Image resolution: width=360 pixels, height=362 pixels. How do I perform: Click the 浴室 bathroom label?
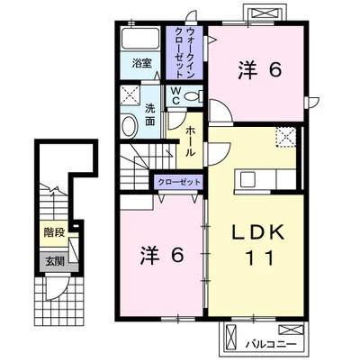coord(140,64)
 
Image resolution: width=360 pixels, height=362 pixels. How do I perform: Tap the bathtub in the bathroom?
coord(142,41)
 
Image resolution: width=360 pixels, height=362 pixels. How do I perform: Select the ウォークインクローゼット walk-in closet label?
coord(184,53)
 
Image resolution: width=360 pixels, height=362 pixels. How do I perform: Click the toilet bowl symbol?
coord(196,95)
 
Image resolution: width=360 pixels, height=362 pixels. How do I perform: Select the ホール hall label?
coord(191,141)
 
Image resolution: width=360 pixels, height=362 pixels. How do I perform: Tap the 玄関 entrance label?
coord(53,261)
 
